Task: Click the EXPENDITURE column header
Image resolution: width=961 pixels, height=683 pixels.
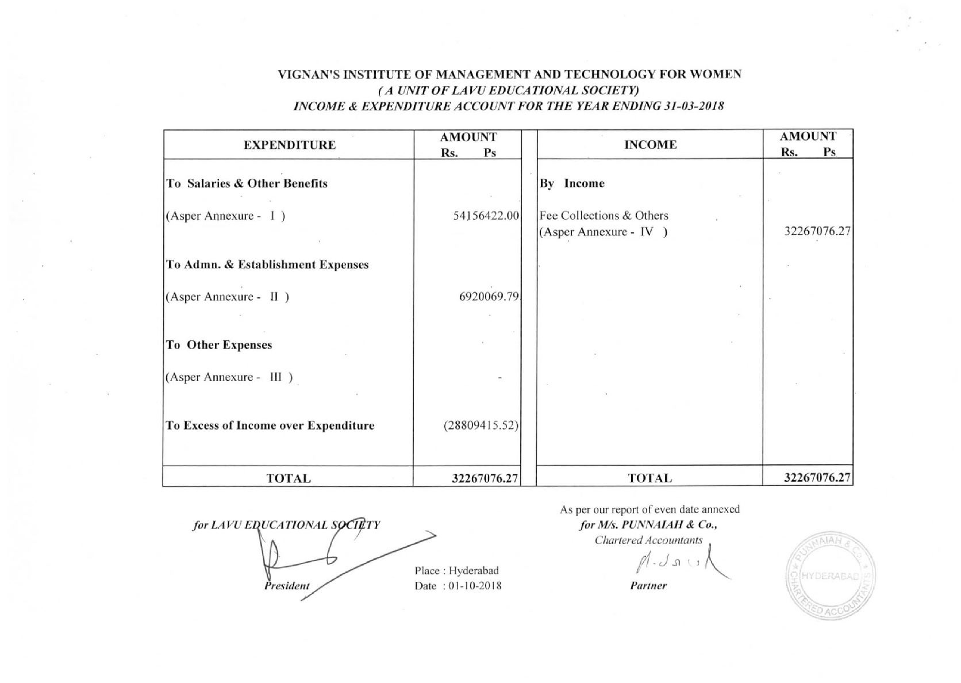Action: point(289,145)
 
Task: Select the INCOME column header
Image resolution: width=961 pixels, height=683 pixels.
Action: point(650,145)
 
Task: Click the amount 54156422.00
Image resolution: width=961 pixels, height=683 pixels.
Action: point(486,216)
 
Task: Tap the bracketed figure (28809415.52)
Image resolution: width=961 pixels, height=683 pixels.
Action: point(481,426)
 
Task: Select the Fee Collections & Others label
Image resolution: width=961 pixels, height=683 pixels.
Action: point(604,216)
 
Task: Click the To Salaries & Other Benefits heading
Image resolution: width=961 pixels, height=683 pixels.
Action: point(247,184)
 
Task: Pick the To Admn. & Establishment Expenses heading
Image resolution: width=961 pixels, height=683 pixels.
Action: point(267,265)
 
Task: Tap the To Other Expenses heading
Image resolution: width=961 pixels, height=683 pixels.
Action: point(219,346)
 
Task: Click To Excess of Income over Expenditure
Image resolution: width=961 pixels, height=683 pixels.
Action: point(270,426)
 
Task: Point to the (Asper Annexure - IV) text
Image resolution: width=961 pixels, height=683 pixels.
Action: point(603,232)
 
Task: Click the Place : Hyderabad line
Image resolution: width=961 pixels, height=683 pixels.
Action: point(456,571)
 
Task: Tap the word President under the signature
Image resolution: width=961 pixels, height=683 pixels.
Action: point(287,586)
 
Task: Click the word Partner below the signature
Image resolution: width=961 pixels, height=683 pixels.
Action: point(648,586)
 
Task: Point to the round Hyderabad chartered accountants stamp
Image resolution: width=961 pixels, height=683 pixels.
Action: point(831,575)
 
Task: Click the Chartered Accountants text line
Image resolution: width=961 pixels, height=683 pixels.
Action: point(648,540)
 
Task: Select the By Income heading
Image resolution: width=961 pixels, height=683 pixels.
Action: point(572,184)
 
